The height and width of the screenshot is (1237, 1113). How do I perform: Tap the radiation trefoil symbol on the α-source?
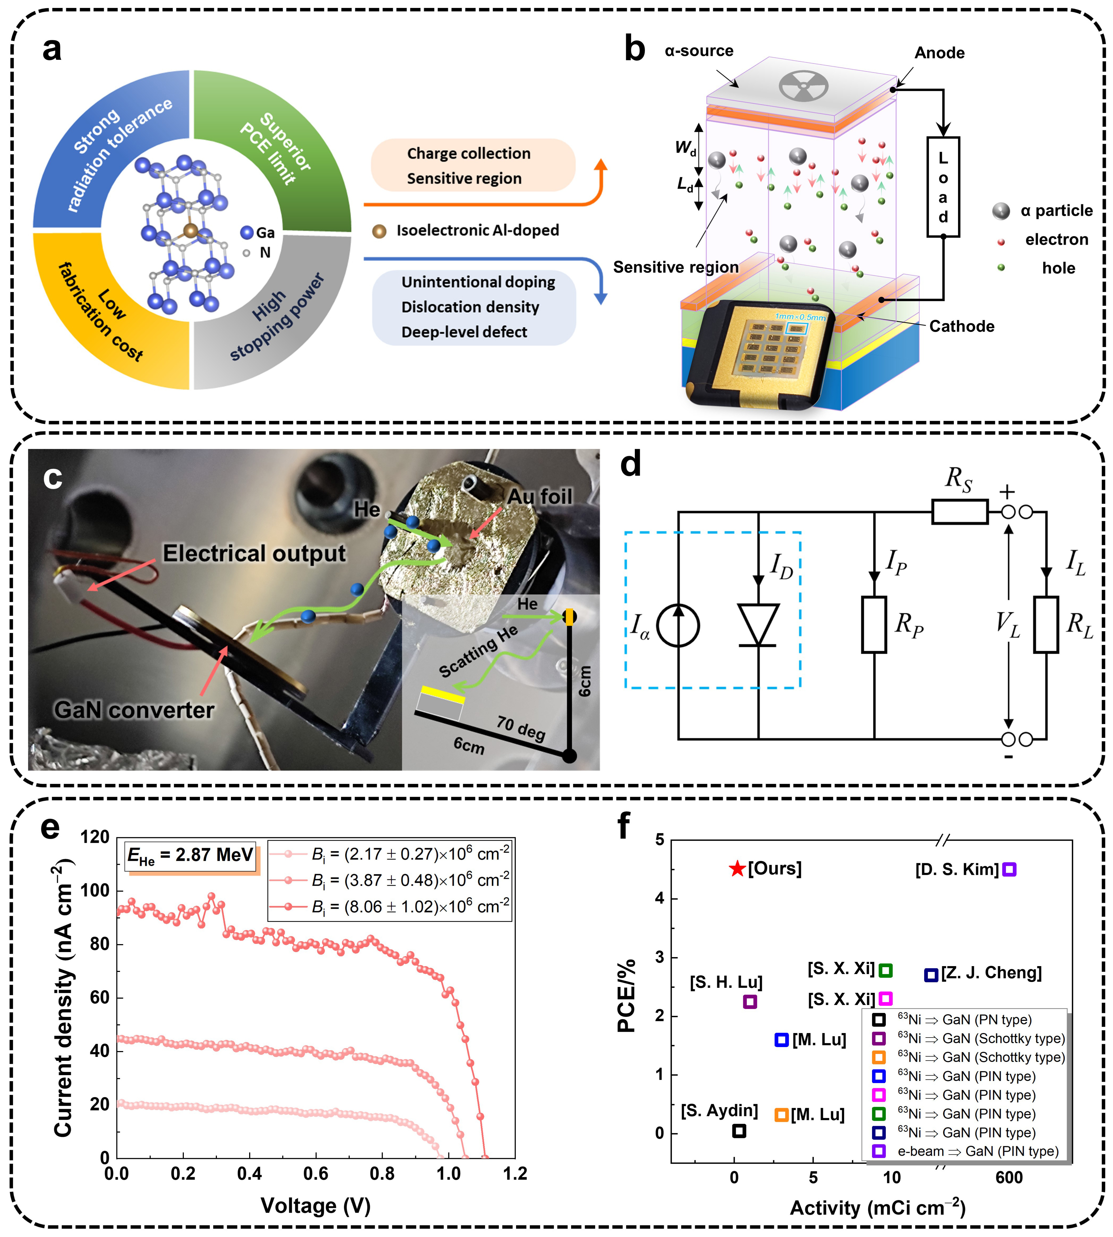pyautogui.click(x=804, y=85)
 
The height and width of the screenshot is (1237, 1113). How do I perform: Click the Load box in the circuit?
pyautogui.click(x=943, y=187)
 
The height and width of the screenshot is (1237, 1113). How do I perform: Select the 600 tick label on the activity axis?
pyautogui.click(x=1009, y=1178)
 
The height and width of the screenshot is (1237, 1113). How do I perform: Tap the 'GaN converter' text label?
pyautogui.click(x=134, y=710)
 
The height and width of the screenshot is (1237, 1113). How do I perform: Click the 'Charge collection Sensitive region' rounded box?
pyautogui.click(x=473, y=165)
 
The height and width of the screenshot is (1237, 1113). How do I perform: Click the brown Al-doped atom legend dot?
pyautogui.click(x=379, y=231)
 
